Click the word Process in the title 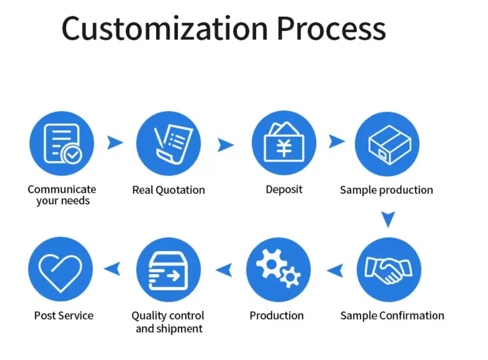[x=330, y=28]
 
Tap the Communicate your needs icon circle [x=62, y=144]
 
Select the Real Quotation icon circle [x=169, y=144]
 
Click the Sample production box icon [x=387, y=144]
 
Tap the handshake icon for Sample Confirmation [x=389, y=269]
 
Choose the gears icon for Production [x=278, y=269]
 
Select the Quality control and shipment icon [x=168, y=269]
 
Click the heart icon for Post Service [x=61, y=269]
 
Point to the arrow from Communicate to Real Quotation [x=115, y=143]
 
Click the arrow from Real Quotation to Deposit [x=225, y=145]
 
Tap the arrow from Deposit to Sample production [x=337, y=141]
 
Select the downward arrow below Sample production [x=387, y=219]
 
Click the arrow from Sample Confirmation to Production [x=335, y=270]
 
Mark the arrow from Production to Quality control [x=224, y=270]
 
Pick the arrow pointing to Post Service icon [x=112, y=269]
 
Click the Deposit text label [x=284, y=189]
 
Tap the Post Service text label [x=64, y=315]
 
